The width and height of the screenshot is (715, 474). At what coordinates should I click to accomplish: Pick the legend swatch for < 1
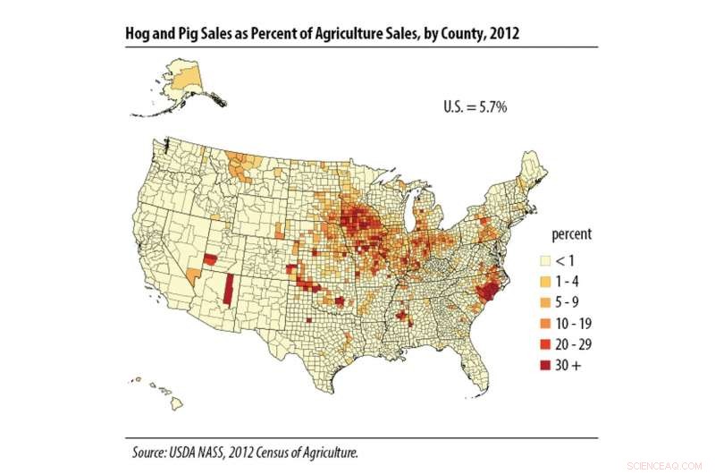(x=543, y=261)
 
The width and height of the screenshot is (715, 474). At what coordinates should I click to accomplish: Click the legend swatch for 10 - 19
(x=543, y=323)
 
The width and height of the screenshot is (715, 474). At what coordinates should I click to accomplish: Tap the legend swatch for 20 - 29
(x=543, y=343)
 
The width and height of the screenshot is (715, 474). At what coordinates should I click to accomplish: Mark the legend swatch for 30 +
(x=543, y=364)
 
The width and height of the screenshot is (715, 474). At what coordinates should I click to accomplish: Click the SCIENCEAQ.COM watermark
(x=674, y=465)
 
